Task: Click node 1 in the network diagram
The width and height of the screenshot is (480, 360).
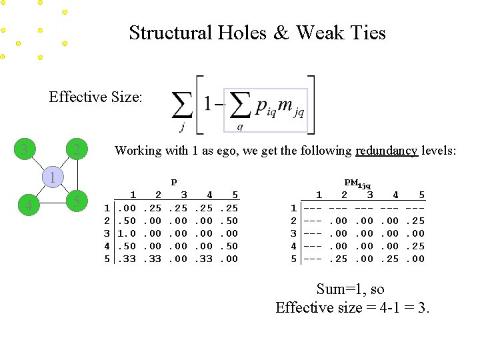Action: point(50,177)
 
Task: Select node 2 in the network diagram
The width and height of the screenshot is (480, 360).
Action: point(77,149)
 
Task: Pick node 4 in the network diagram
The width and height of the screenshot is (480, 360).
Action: point(27,204)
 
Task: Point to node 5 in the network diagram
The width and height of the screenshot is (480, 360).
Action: point(77,201)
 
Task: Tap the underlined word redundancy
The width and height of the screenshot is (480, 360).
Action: point(387,151)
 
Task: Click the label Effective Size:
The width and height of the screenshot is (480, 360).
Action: point(95,97)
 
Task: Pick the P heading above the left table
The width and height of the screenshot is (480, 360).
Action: point(174,181)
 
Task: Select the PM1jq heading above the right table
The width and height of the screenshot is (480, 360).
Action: point(357,183)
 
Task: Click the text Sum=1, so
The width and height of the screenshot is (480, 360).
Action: point(350,289)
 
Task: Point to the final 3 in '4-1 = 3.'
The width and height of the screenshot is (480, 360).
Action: point(421,307)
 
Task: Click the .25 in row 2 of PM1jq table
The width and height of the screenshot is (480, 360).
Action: point(416,221)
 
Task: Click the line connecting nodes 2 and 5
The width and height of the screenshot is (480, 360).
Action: point(77,175)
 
